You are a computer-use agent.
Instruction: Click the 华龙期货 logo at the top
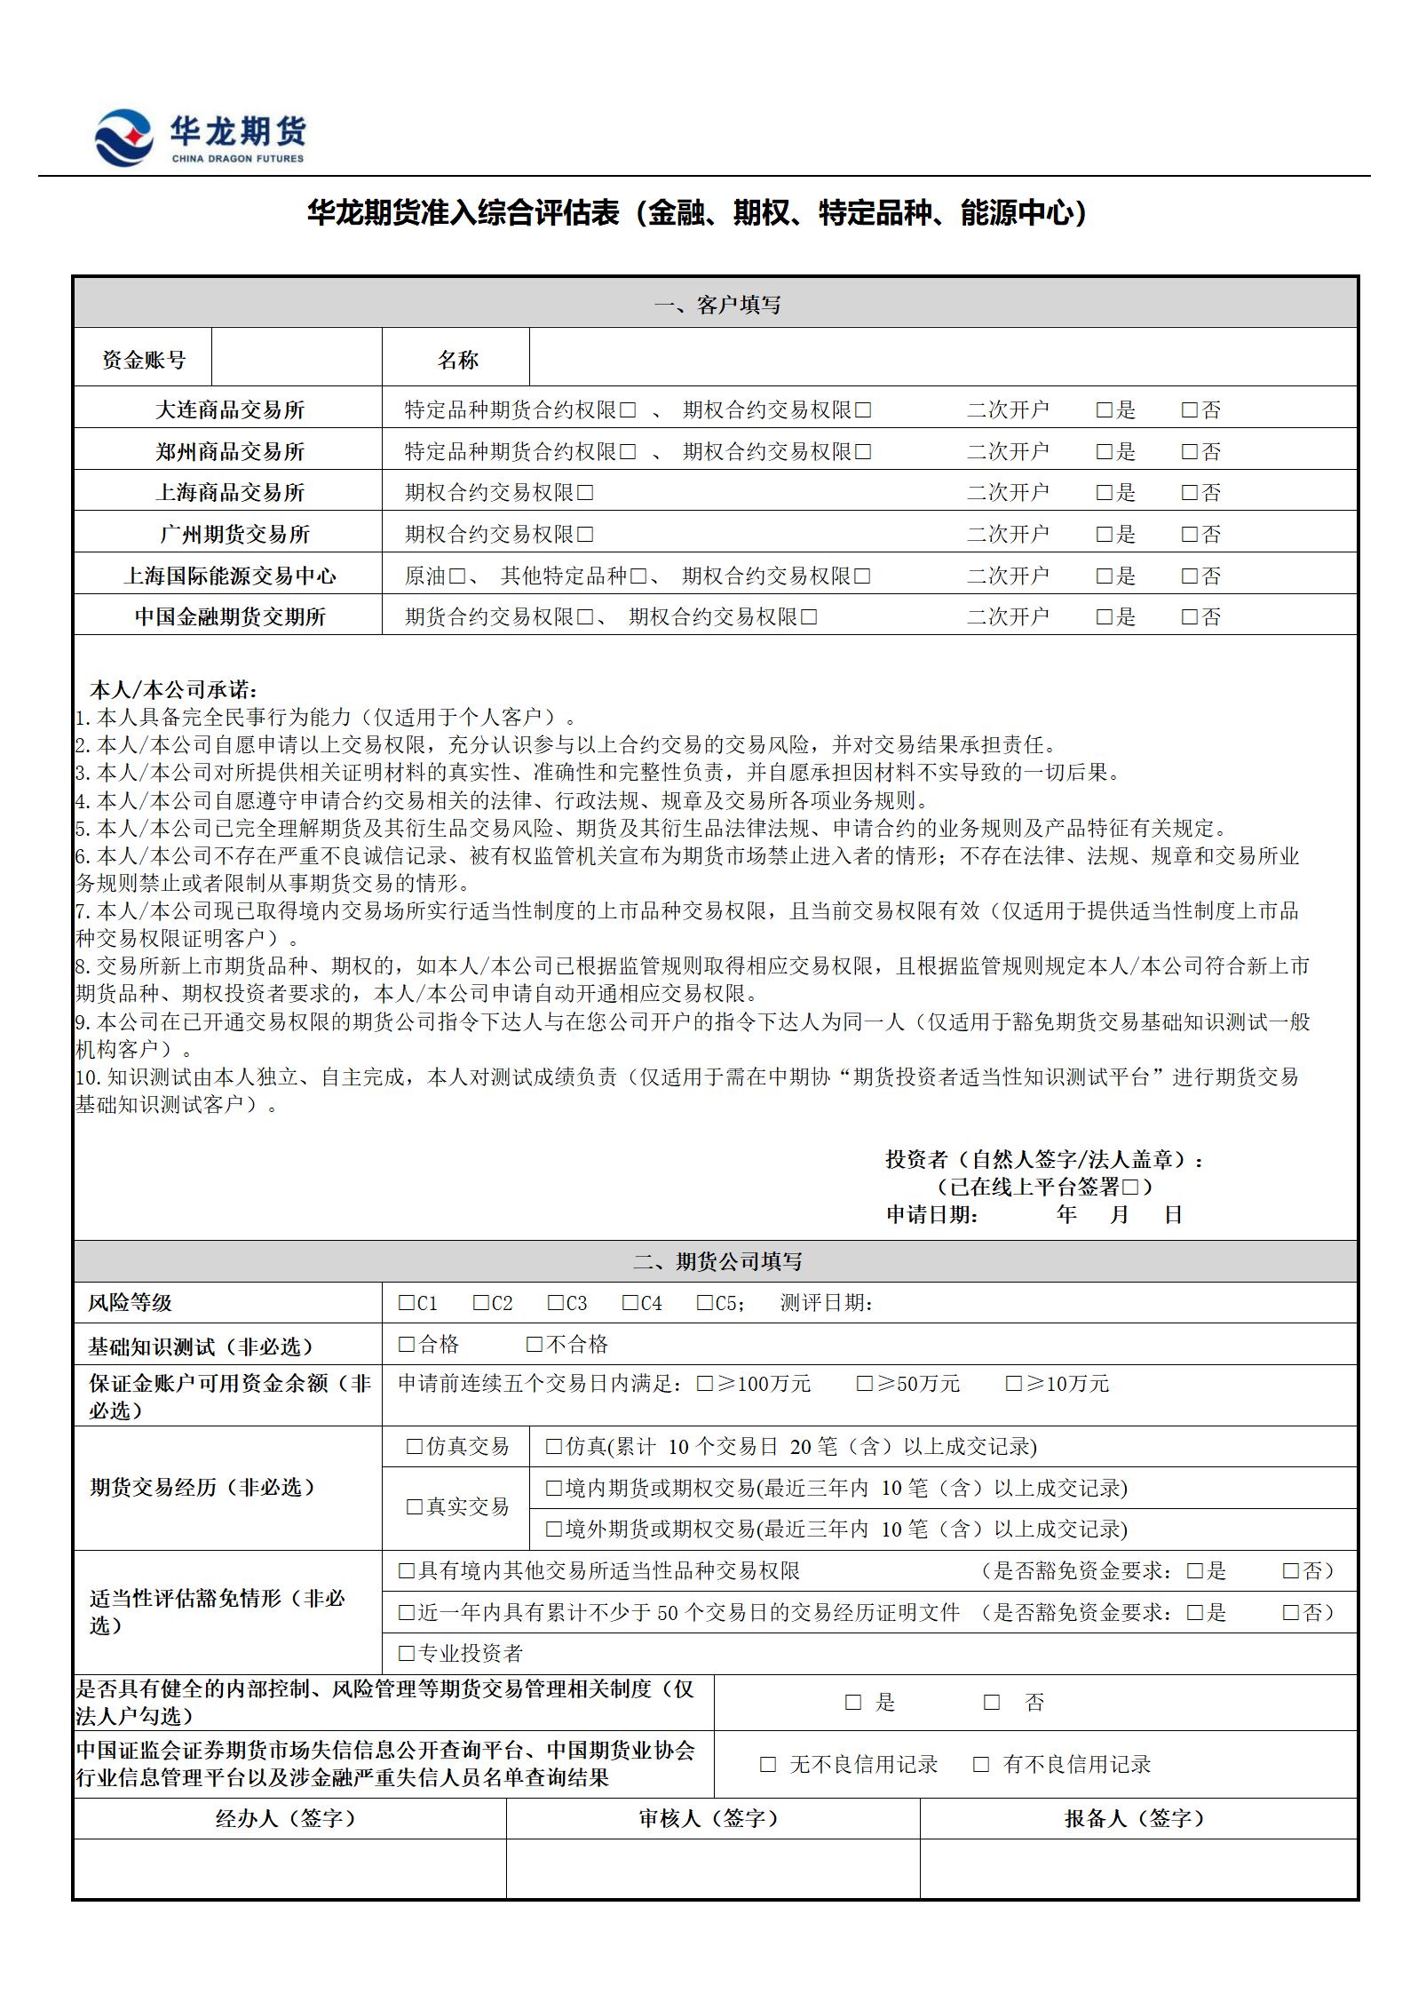pyautogui.click(x=201, y=137)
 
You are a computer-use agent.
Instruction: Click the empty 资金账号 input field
pyautogui.click(x=297, y=358)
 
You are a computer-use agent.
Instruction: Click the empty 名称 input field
pyautogui.click(x=942, y=358)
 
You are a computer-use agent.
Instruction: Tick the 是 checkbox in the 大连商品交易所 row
pyautogui.click(x=1105, y=410)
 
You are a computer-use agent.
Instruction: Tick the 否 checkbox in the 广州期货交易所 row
pyautogui.click(x=1190, y=535)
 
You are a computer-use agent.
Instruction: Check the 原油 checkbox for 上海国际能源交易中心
pyautogui.click(x=456, y=576)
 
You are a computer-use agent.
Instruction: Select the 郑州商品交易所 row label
pyautogui.click(x=230, y=451)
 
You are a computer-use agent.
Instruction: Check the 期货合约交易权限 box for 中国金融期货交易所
pyautogui.click(x=585, y=617)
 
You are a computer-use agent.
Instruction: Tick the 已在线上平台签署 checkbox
pyautogui.click(x=1130, y=1187)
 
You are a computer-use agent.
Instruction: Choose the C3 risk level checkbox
pyautogui.click(x=556, y=1303)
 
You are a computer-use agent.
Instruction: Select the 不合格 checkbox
pyautogui.click(x=535, y=1345)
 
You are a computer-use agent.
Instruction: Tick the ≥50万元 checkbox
pyautogui.click(x=865, y=1384)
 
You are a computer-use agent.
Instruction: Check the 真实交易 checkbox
pyautogui.click(x=415, y=1506)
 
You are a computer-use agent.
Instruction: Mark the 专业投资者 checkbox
pyautogui.click(x=407, y=1653)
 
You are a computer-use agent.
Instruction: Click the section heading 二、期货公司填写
pyautogui.click(x=716, y=1261)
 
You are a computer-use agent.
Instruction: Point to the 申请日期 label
pyautogui.click(x=931, y=1214)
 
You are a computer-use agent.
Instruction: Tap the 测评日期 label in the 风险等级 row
pyautogui.click(x=827, y=1303)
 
